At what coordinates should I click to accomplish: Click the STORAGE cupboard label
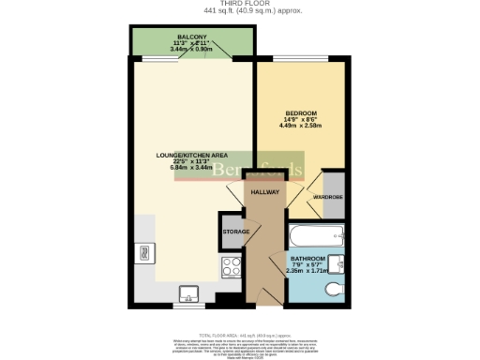(234, 232)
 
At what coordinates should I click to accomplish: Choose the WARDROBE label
(327, 197)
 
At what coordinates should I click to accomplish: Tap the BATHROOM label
(307, 258)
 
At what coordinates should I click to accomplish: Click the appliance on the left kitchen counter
(144, 251)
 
